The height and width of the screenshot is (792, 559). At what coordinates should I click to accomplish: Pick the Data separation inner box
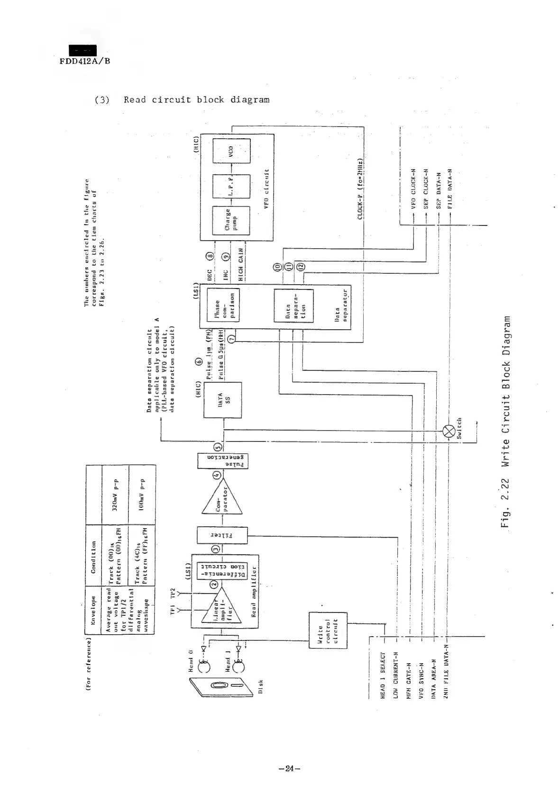pos(293,306)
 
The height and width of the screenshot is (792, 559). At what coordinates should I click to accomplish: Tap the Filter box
pos(222,536)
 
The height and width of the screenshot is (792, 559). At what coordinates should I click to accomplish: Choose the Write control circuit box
pos(328,630)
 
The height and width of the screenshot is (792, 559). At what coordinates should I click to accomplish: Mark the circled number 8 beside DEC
pos(210,256)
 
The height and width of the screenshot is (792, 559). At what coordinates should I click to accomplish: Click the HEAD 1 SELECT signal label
pos(384,673)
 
